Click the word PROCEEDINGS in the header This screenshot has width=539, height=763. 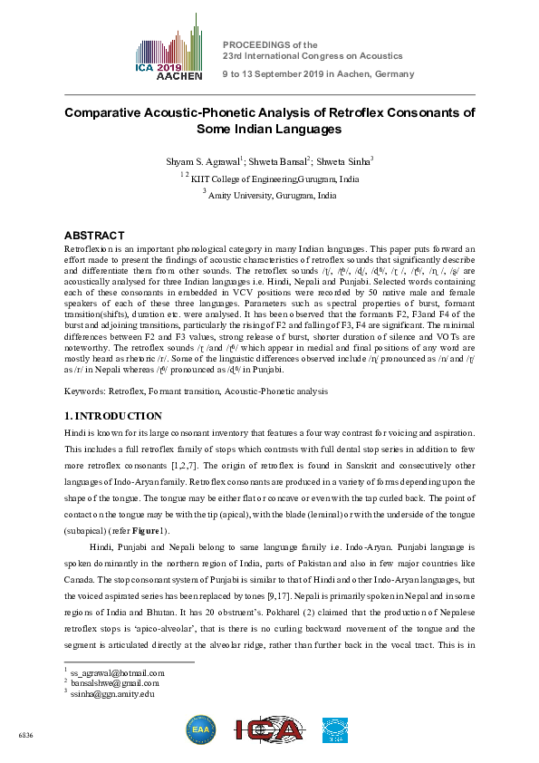pos(255,43)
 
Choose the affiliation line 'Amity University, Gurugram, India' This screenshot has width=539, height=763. pos(273,195)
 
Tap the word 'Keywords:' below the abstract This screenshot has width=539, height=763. pos(85,391)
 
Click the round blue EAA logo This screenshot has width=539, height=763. pos(200,729)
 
